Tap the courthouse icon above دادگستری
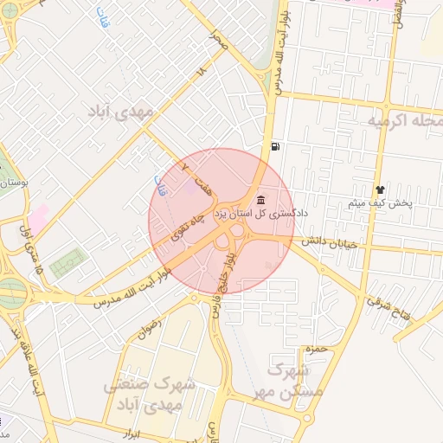click(260, 200)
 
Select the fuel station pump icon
click(274, 146)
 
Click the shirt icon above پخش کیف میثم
click(379, 189)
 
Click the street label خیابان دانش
click(323, 246)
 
